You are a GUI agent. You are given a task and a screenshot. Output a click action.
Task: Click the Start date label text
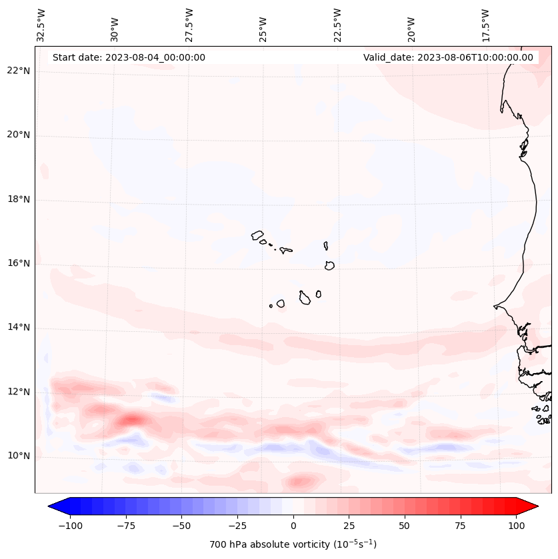129,57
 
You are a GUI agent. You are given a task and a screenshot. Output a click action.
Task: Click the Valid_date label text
448,57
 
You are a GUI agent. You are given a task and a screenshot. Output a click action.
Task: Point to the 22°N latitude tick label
19,71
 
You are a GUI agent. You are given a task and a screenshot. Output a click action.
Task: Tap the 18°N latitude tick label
19,199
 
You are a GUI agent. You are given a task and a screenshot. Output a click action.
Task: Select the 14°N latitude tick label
19,328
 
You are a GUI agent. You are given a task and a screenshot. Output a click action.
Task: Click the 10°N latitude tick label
19,456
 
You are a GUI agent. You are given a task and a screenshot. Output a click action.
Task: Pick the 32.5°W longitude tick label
41,25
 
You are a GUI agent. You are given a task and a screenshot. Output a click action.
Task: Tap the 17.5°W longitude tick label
485,25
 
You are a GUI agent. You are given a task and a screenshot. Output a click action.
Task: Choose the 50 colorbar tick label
404,526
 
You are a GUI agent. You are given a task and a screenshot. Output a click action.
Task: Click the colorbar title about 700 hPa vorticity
293,544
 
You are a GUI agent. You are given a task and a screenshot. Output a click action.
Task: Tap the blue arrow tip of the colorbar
52,506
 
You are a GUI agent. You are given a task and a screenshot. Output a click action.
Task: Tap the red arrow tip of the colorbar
535,506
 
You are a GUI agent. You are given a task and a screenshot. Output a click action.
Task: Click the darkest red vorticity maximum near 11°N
131,419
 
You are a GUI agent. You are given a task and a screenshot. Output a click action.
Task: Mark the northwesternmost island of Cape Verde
257,235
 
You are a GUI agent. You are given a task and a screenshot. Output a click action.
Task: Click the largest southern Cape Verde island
305,297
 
